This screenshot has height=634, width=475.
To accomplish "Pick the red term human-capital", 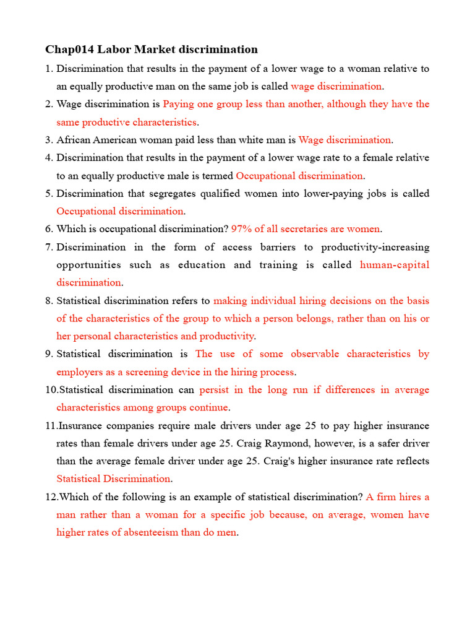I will [394, 265].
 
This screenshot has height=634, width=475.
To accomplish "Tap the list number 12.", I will [50, 497].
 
